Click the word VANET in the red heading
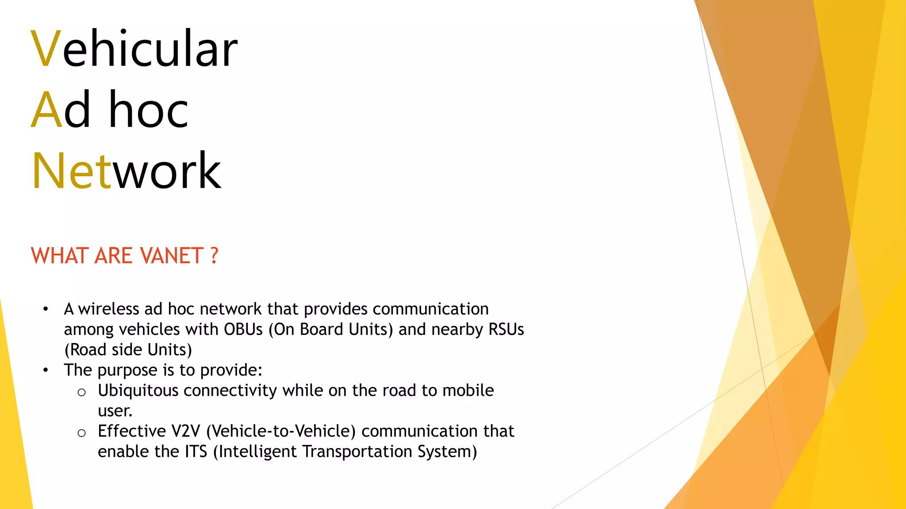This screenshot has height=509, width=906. [x=171, y=256]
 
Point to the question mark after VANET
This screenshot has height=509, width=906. [x=214, y=256]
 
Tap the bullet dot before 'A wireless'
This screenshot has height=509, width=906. [x=46, y=309]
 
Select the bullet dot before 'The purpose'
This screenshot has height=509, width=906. [x=46, y=370]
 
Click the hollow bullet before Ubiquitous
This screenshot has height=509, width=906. [x=81, y=392]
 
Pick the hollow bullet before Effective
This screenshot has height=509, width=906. [x=81, y=433]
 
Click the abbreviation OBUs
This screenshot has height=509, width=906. [x=243, y=330]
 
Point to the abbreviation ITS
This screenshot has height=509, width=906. [x=196, y=452]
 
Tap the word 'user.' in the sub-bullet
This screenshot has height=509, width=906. [x=115, y=411]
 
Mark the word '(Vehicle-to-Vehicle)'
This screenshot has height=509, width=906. [x=281, y=431]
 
